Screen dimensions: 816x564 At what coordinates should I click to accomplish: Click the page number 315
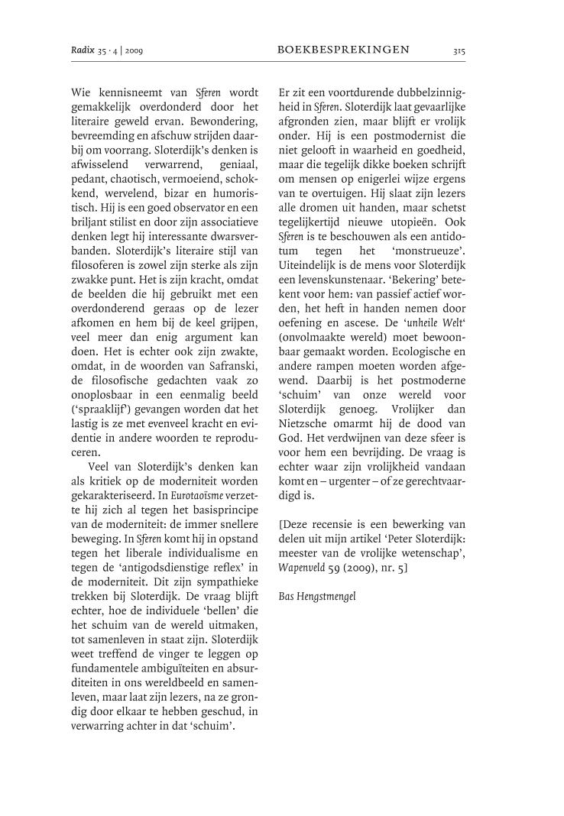click(x=459, y=50)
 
